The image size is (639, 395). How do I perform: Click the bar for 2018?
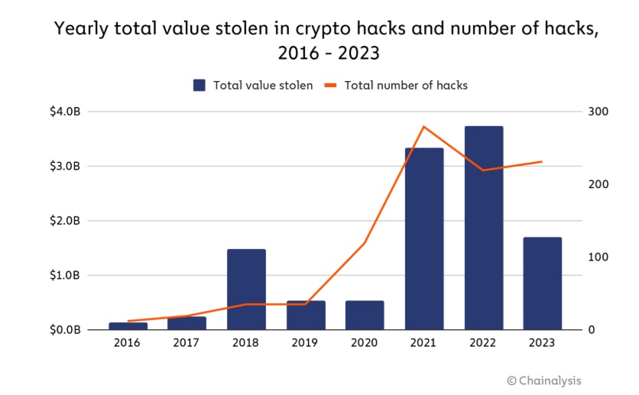(246, 290)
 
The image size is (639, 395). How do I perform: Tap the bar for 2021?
(424, 238)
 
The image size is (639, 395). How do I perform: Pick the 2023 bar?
(543, 283)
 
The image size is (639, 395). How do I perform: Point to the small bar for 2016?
(128, 326)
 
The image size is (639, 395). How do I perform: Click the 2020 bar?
(365, 315)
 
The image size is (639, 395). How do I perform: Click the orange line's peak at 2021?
(424, 127)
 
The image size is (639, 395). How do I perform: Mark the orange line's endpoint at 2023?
(542, 162)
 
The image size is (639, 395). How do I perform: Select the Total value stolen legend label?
(263, 86)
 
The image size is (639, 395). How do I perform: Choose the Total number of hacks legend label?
(406, 86)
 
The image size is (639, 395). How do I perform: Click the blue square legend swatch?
(199, 86)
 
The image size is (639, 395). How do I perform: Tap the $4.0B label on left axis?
(64, 112)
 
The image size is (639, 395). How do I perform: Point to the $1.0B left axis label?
(64, 276)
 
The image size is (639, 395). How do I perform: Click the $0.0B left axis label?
(64, 330)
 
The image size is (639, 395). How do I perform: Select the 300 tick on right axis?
(598, 112)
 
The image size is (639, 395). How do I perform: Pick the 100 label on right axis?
(598, 257)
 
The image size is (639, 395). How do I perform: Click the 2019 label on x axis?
(305, 343)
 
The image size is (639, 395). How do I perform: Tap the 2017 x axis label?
(187, 343)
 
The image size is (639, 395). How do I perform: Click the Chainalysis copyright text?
(549, 380)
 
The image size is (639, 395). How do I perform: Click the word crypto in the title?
(313, 31)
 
